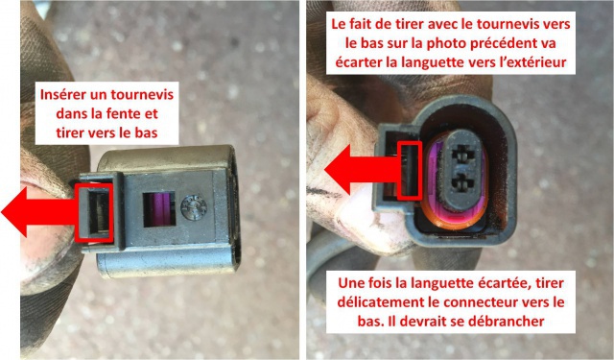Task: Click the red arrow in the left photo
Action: click(x=39, y=212)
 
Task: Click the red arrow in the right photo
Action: click(x=363, y=170)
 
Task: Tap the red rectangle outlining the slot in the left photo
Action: click(x=94, y=212)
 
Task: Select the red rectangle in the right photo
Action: click(x=410, y=171)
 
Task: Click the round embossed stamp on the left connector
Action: click(x=194, y=206)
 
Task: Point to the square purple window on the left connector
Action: click(x=159, y=209)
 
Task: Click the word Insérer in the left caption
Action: click(x=62, y=95)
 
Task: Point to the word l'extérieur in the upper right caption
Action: click(x=531, y=62)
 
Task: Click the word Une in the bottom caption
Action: click(x=348, y=283)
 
